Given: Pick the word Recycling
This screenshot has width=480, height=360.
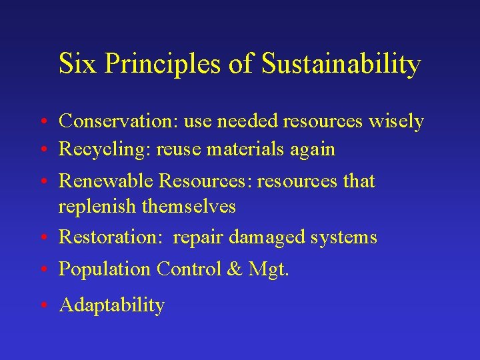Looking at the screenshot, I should (x=104, y=150).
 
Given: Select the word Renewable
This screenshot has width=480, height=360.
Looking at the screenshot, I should (x=107, y=181).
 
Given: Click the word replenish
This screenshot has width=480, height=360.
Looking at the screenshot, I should (x=97, y=207).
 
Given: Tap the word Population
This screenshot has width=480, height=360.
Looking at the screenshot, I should (x=105, y=269).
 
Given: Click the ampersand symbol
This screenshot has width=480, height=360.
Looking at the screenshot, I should (x=235, y=269).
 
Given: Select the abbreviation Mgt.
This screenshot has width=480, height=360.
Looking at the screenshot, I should (x=269, y=270).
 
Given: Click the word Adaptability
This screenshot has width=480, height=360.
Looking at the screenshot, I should (x=111, y=305).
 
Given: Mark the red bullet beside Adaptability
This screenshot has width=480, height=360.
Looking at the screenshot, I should (x=43, y=306).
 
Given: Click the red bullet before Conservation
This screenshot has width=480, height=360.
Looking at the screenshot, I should (x=43, y=122).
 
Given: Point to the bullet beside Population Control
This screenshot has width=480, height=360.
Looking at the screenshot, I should (x=43, y=270).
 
